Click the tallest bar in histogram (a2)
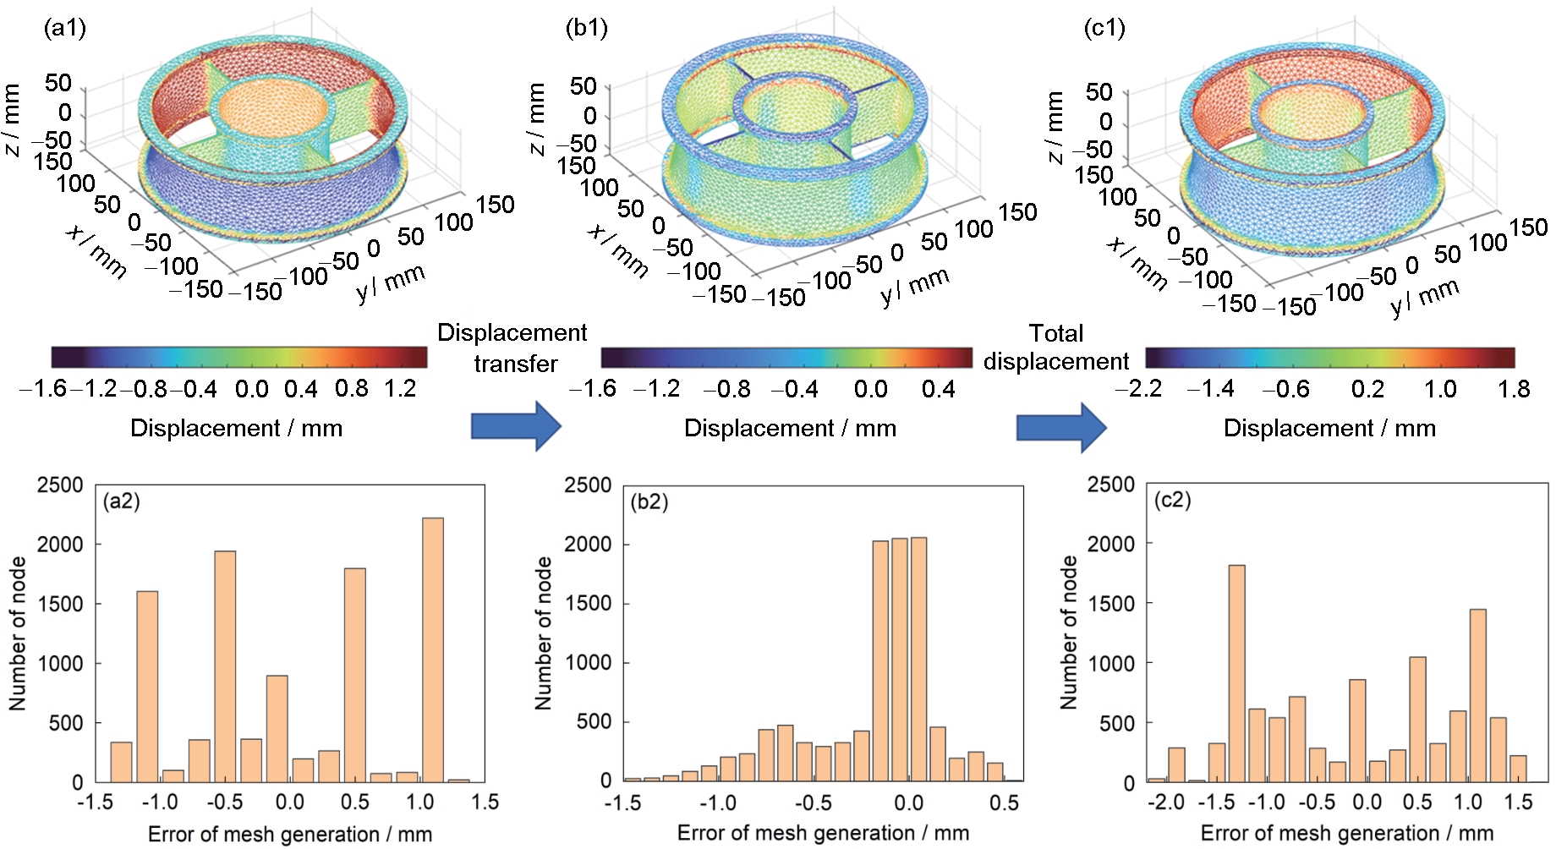432,649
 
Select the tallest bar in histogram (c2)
1236,673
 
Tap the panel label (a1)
65,28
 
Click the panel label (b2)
649,501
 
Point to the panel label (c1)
1104,28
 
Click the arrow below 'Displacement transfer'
516,425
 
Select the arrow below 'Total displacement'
1061,427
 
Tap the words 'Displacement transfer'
512,348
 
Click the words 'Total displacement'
1056,347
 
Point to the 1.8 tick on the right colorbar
1514,389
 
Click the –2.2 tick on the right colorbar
1138,389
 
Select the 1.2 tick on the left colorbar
400,389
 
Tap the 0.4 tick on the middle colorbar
939,389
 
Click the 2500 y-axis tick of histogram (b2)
588,485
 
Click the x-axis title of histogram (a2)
290,835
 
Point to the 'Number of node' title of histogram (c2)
1069,633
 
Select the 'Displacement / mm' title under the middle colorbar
790,428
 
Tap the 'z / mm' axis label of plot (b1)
536,119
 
